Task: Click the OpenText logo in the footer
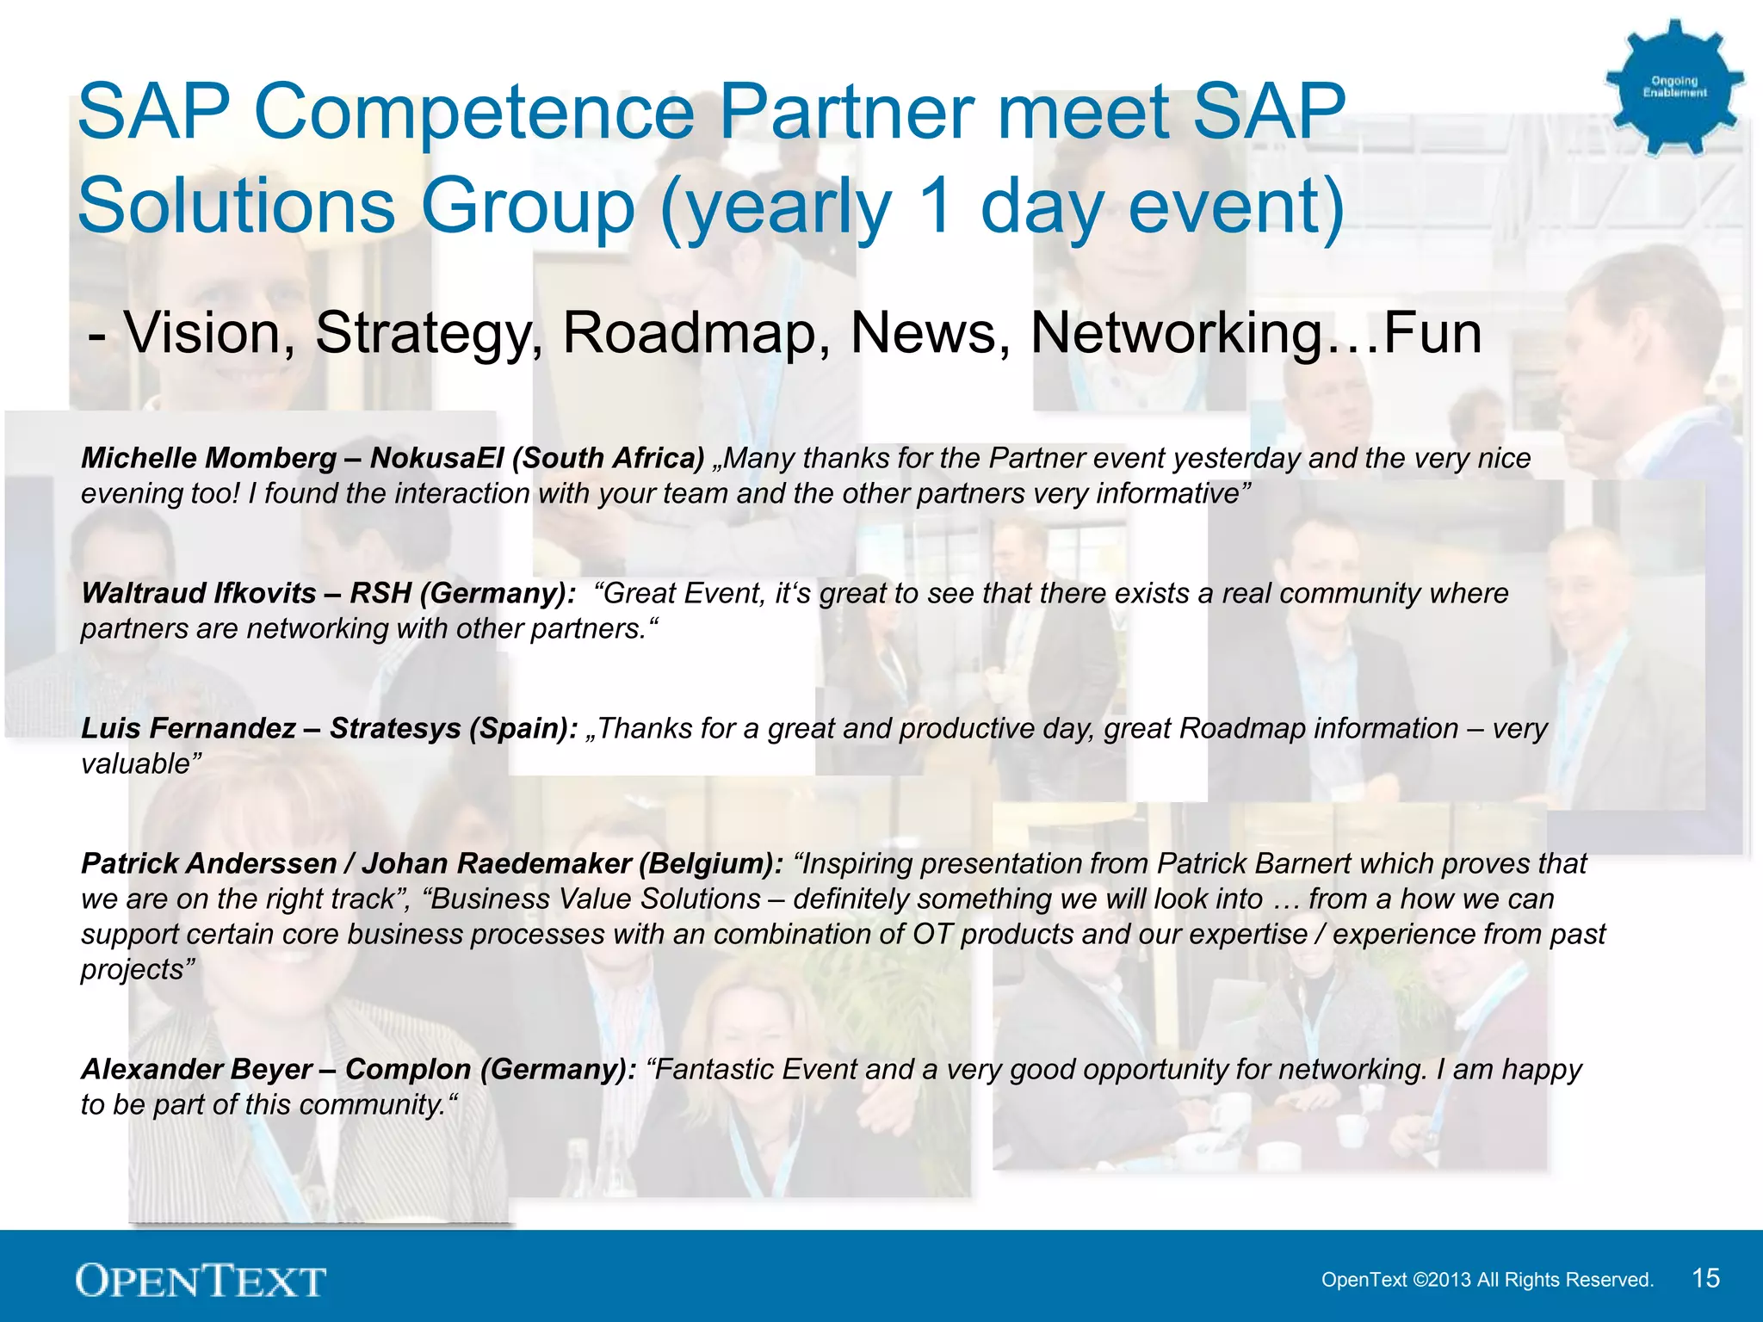pyautogui.click(x=201, y=1280)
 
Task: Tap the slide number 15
pyautogui.click(x=1705, y=1278)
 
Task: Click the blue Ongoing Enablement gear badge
pyautogui.click(x=1673, y=87)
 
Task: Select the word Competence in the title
pyautogui.click(x=473, y=111)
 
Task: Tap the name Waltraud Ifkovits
pyautogui.click(x=199, y=593)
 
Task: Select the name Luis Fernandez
pyautogui.click(x=189, y=728)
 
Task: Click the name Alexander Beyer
pyautogui.click(x=196, y=1069)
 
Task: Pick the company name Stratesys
pyautogui.click(x=396, y=728)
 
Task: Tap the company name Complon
pyautogui.click(x=408, y=1069)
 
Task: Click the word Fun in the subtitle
pyautogui.click(x=1432, y=333)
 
